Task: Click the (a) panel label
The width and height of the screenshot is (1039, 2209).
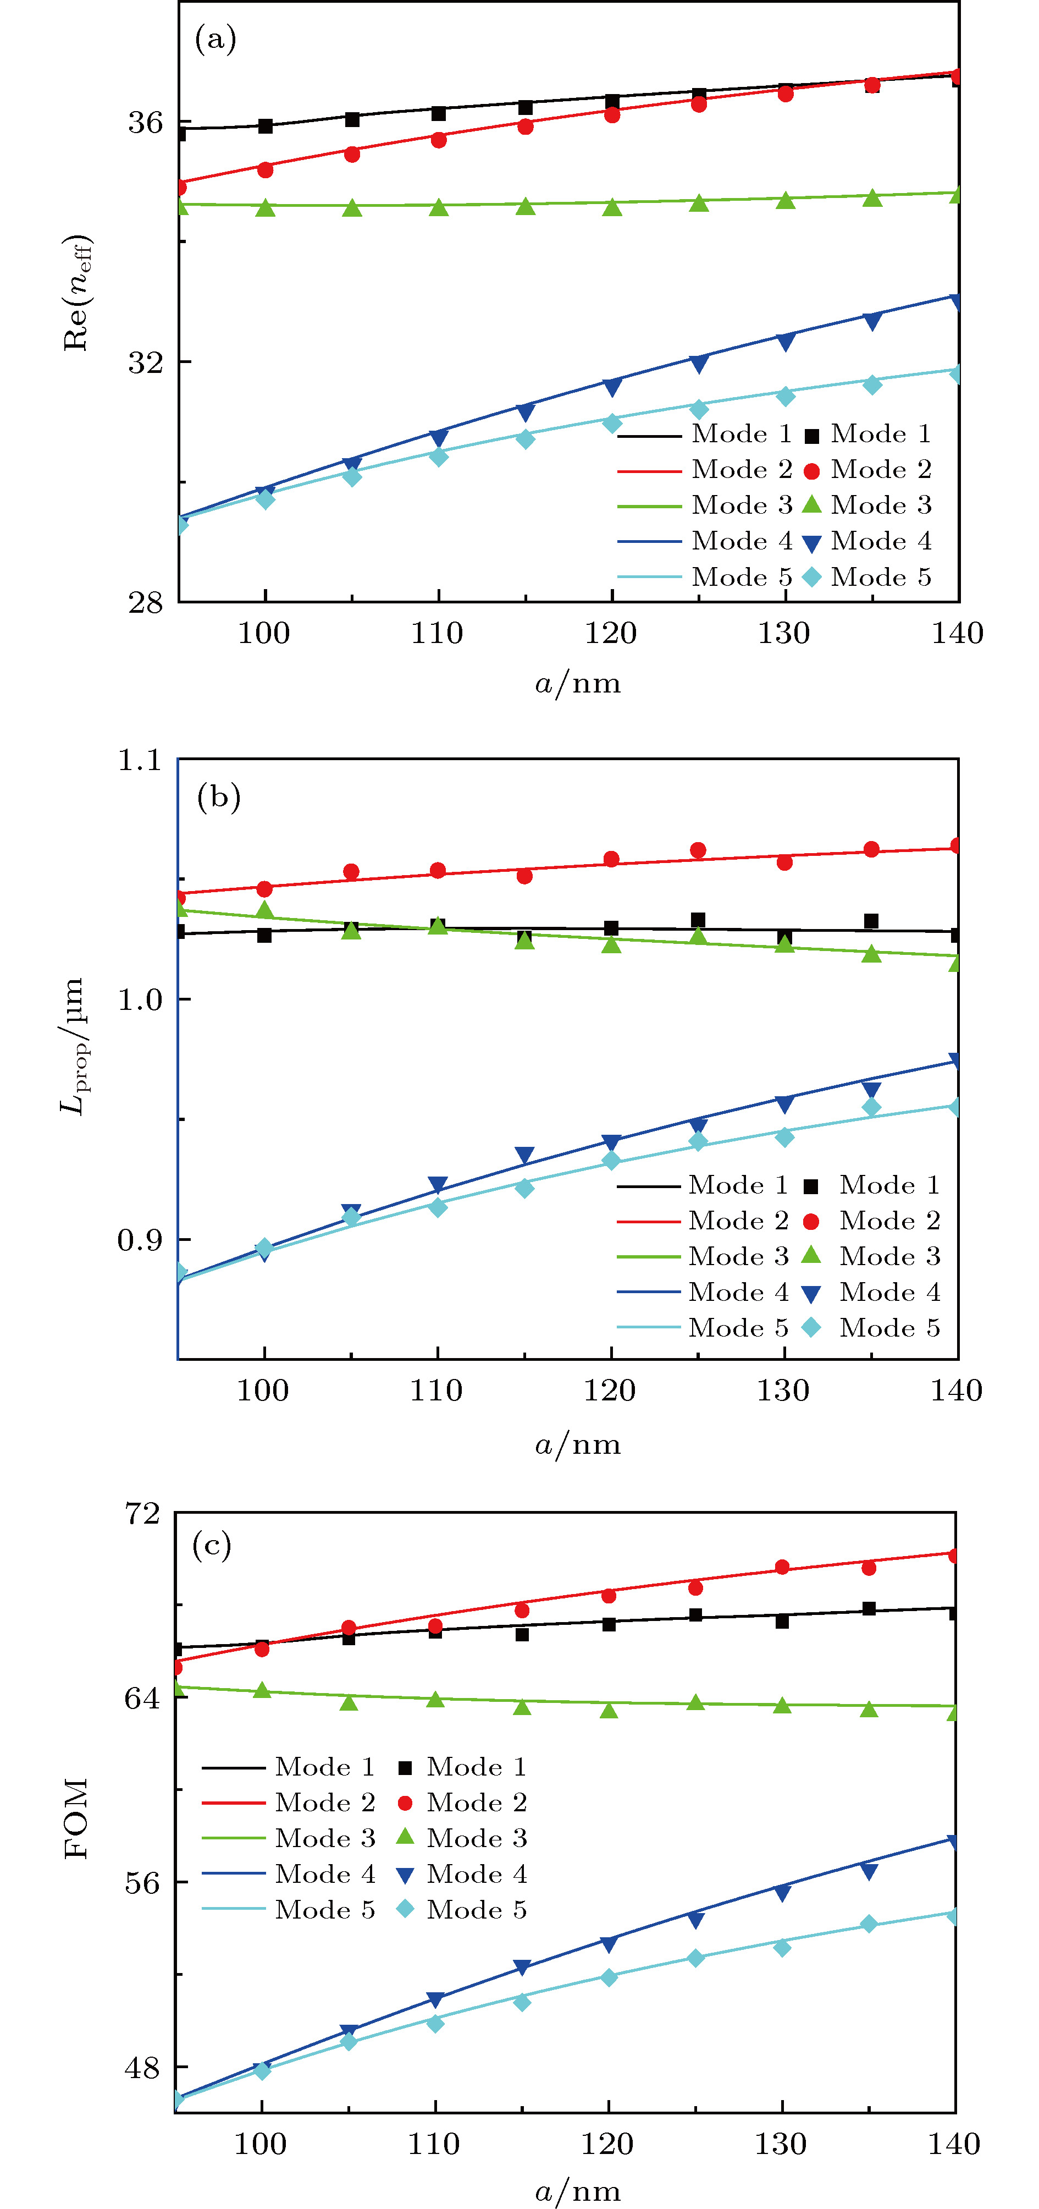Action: tap(215, 39)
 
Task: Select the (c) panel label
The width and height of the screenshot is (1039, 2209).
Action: tap(212, 1545)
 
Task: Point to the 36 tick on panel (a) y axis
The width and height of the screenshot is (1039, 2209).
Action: tap(145, 123)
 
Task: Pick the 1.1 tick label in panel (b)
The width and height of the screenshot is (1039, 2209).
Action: tap(139, 760)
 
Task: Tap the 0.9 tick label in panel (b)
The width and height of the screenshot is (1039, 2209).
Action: tap(139, 1239)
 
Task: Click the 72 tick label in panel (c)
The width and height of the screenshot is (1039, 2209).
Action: tap(142, 1514)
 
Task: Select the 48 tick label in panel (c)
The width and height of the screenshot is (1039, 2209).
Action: tap(142, 2068)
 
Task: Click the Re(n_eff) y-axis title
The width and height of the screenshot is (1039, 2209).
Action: tap(77, 292)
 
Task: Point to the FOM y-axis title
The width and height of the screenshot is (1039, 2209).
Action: tap(76, 1818)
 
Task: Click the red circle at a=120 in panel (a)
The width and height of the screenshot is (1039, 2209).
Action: tap(611, 114)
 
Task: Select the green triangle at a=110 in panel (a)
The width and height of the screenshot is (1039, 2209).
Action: tap(438, 207)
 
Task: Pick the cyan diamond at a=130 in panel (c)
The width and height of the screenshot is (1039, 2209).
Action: tap(782, 1948)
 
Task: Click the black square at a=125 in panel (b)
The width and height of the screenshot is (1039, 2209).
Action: tap(698, 920)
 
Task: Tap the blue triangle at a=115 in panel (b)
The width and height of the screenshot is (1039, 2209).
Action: tap(524, 1155)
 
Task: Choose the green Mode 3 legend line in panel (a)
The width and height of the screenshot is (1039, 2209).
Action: tap(649, 506)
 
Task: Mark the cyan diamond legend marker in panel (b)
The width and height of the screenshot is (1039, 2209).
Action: tap(811, 1327)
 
